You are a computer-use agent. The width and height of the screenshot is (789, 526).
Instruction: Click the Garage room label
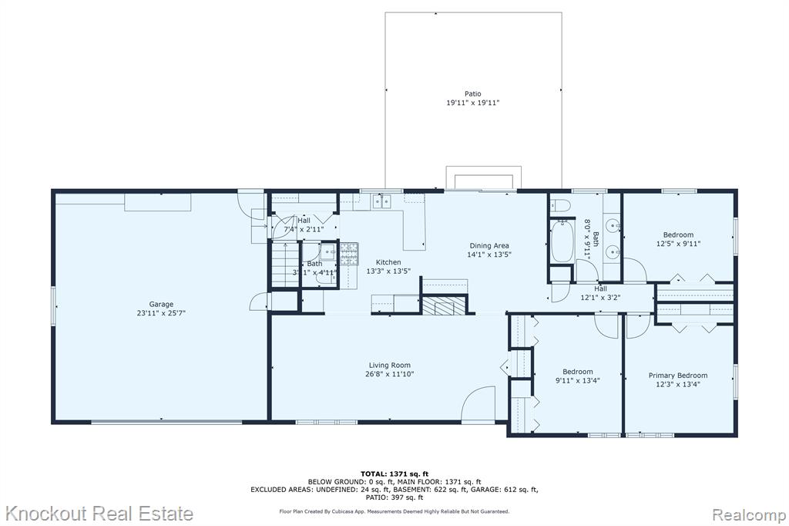pyautogui.click(x=161, y=304)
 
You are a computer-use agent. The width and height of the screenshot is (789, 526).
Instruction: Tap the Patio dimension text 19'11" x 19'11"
pyautogui.click(x=472, y=103)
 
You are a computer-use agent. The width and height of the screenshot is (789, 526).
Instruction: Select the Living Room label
pyautogui.click(x=389, y=366)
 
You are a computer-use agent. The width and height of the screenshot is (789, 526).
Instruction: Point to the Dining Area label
pyautogui.click(x=489, y=246)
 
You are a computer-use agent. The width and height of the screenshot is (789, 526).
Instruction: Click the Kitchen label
pyautogui.click(x=388, y=262)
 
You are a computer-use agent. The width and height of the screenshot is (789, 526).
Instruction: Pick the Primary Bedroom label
pyautogui.click(x=678, y=376)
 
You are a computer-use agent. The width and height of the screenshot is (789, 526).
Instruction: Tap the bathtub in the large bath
pyautogui.click(x=561, y=241)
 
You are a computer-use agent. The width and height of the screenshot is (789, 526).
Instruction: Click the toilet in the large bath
pyautogui.click(x=559, y=205)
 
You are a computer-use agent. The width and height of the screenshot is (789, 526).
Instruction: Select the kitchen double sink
pyautogui.click(x=381, y=201)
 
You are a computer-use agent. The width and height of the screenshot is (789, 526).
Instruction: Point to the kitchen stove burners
pyautogui.click(x=349, y=254)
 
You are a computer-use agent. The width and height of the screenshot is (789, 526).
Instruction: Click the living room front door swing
pyautogui.click(x=478, y=403)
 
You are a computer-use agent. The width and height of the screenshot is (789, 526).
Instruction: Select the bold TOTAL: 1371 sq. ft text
pyautogui.click(x=394, y=474)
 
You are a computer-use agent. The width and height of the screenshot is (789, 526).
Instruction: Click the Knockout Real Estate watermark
pyautogui.click(x=99, y=514)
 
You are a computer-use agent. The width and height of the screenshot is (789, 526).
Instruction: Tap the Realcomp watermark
pyautogui.click(x=748, y=514)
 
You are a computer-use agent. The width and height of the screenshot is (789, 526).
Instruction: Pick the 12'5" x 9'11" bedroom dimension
pyautogui.click(x=678, y=244)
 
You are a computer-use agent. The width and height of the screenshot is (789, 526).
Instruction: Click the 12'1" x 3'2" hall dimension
pyautogui.click(x=600, y=298)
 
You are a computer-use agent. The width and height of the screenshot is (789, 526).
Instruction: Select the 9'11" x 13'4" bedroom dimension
pyautogui.click(x=578, y=381)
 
